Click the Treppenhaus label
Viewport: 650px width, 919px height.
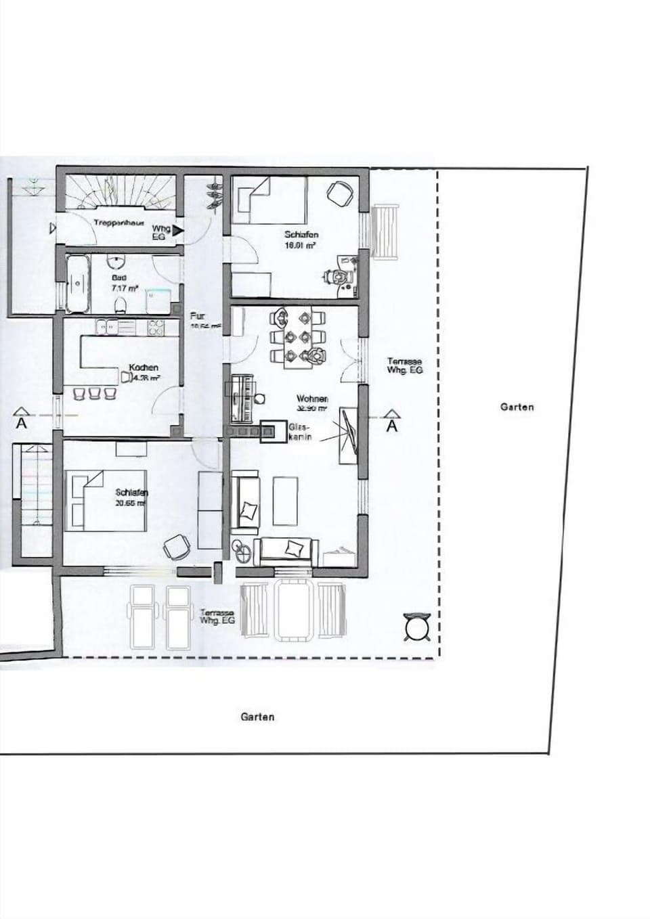[x=118, y=223]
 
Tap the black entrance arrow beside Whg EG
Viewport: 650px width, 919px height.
[x=177, y=231]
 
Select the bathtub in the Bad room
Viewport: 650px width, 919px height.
[x=78, y=284]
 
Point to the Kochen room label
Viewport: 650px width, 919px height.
[x=143, y=367]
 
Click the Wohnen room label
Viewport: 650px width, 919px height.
[x=311, y=399]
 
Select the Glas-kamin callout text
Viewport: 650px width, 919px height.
[x=299, y=432]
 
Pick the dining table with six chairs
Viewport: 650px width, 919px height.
[x=298, y=336]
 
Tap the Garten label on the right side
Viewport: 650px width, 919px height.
[x=517, y=407]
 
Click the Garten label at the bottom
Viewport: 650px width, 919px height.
[x=257, y=717]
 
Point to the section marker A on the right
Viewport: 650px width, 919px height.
[x=392, y=424]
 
